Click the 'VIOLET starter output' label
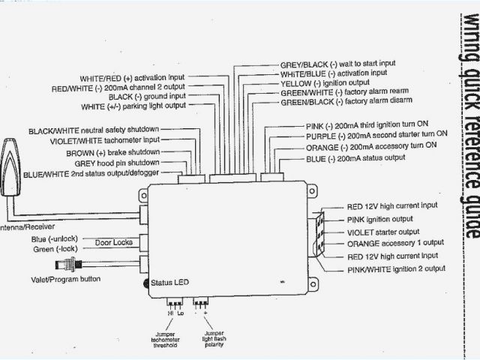point(383,232)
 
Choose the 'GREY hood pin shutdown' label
point(116,163)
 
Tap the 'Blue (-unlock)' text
point(54,239)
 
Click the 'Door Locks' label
point(115,242)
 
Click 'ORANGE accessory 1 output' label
point(395,244)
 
